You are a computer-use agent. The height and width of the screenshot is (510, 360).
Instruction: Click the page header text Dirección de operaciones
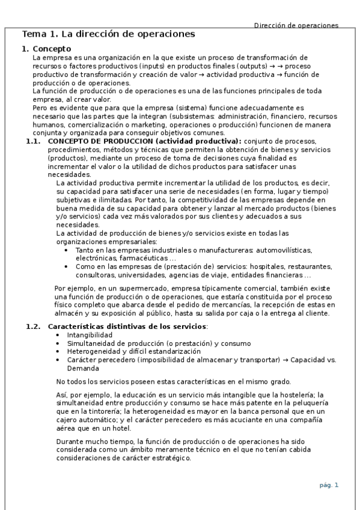click(x=296, y=25)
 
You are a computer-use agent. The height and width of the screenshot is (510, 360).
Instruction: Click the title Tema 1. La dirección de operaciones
click(x=108, y=34)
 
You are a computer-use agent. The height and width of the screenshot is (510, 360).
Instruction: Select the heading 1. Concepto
click(x=46, y=49)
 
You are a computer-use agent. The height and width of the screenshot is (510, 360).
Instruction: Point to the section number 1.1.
click(x=34, y=141)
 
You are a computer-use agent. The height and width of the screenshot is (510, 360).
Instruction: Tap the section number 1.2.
click(x=34, y=326)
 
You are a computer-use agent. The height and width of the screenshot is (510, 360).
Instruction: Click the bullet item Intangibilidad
click(x=90, y=334)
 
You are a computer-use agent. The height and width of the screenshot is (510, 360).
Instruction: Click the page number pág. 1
click(x=329, y=485)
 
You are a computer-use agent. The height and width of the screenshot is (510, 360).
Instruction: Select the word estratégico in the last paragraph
click(x=168, y=458)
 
